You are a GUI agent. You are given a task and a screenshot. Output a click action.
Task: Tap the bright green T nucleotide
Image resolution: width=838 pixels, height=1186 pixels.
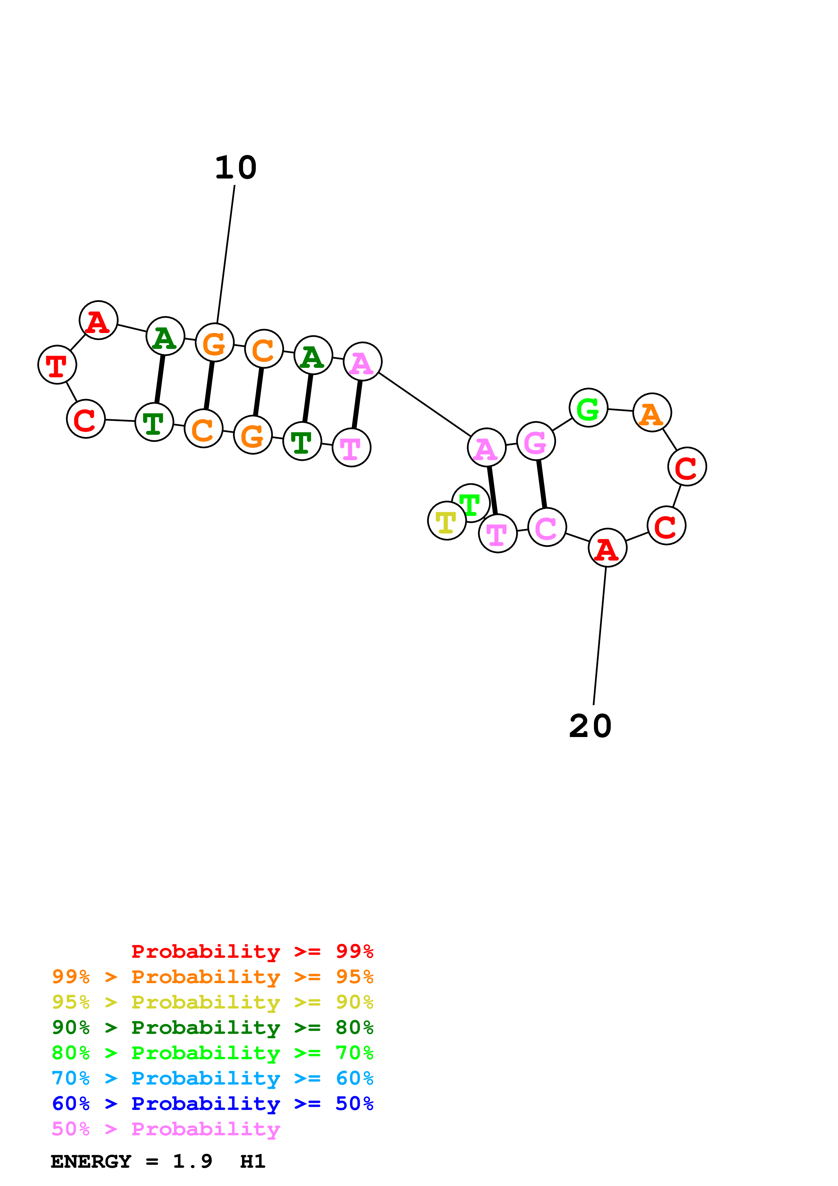tap(470, 503)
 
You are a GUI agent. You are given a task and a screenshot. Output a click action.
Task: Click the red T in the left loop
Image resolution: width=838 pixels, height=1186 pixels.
tap(57, 365)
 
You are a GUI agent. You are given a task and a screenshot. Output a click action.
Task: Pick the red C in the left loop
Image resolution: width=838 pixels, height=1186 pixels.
tap(86, 419)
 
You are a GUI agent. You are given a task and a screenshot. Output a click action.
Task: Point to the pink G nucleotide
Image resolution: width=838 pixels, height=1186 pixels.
tap(536, 441)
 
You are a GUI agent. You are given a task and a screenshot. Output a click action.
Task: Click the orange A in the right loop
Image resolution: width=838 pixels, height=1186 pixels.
tap(652, 413)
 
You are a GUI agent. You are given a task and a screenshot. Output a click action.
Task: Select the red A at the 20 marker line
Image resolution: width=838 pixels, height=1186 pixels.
tap(607, 548)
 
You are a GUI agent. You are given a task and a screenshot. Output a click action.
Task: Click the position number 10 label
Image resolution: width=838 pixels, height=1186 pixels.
tap(236, 168)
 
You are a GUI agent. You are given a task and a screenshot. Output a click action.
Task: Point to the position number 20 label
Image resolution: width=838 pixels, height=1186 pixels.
tap(590, 726)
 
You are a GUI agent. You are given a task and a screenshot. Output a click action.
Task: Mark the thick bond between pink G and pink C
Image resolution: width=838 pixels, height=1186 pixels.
tap(542, 484)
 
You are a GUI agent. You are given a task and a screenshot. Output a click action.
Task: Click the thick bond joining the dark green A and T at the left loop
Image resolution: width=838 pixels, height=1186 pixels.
tap(160, 379)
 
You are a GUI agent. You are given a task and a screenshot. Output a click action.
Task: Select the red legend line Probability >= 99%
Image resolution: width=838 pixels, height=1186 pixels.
tap(252, 951)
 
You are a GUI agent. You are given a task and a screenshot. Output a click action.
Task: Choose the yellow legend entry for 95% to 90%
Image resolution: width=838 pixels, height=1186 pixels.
tap(212, 1002)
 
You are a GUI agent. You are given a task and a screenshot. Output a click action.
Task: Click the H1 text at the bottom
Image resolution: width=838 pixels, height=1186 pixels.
tap(253, 1161)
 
